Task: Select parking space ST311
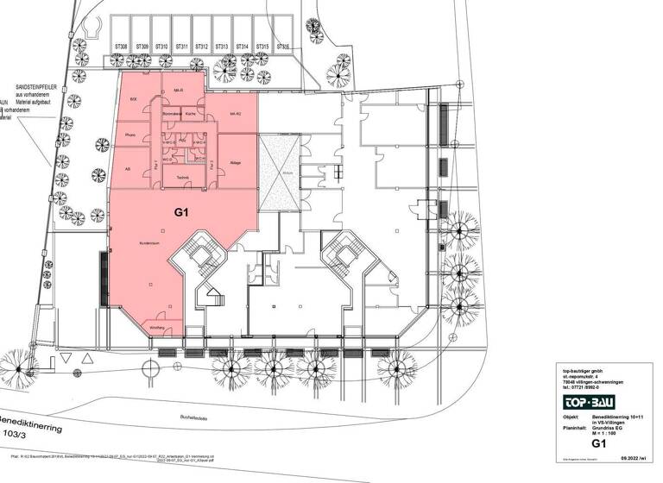click(181, 47)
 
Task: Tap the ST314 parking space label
click(243, 47)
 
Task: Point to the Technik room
click(182, 179)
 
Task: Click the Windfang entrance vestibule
click(157, 328)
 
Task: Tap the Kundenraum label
click(151, 244)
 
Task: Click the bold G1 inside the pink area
click(182, 210)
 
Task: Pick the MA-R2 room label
click(234, 114)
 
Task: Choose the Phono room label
click(130, 135)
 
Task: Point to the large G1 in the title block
click(597, 444)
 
